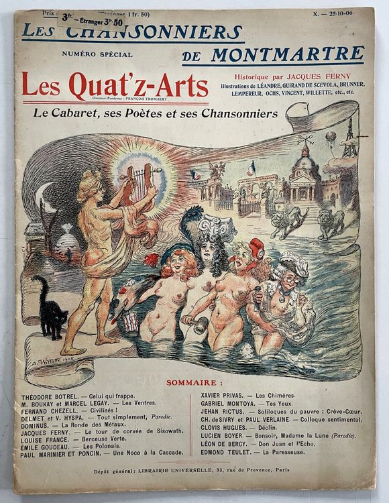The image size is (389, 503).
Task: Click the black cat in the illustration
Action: click(x=51, y=310)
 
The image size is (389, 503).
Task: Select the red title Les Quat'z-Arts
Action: click(x=114, y=86)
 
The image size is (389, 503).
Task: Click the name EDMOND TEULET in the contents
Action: click(x=222, y=452)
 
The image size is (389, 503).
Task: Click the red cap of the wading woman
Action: click(x=257, y=247)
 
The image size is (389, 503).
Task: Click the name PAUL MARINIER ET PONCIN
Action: click(x=60, y=453)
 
